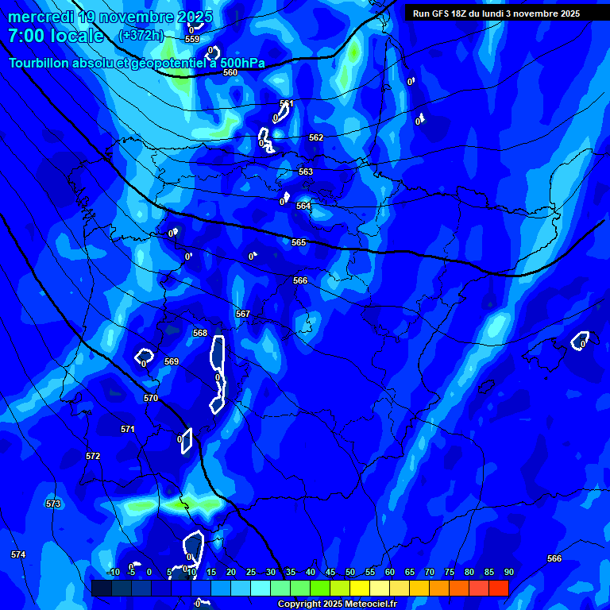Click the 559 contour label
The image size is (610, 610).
point(192,38)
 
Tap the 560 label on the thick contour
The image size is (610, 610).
point(230,72)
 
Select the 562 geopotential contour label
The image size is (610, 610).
point(316,137)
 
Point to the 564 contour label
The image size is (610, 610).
point(303,206)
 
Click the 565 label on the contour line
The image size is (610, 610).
point(299,242)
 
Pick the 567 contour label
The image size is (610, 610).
point(243,314)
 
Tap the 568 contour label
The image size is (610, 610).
point(200,333)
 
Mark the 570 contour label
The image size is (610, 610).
point(151,398)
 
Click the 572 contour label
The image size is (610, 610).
point(93,456)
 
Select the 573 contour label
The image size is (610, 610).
point(53,504)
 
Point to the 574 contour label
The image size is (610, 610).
point(18,554)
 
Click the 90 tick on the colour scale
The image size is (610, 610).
point(508,572)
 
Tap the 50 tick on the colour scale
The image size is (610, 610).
point(349,572)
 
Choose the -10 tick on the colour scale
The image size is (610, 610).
point(114,572)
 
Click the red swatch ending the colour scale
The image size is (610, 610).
point(499,588)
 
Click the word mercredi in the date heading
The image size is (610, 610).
point(39,17)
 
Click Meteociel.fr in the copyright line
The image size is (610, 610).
point(370,604)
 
